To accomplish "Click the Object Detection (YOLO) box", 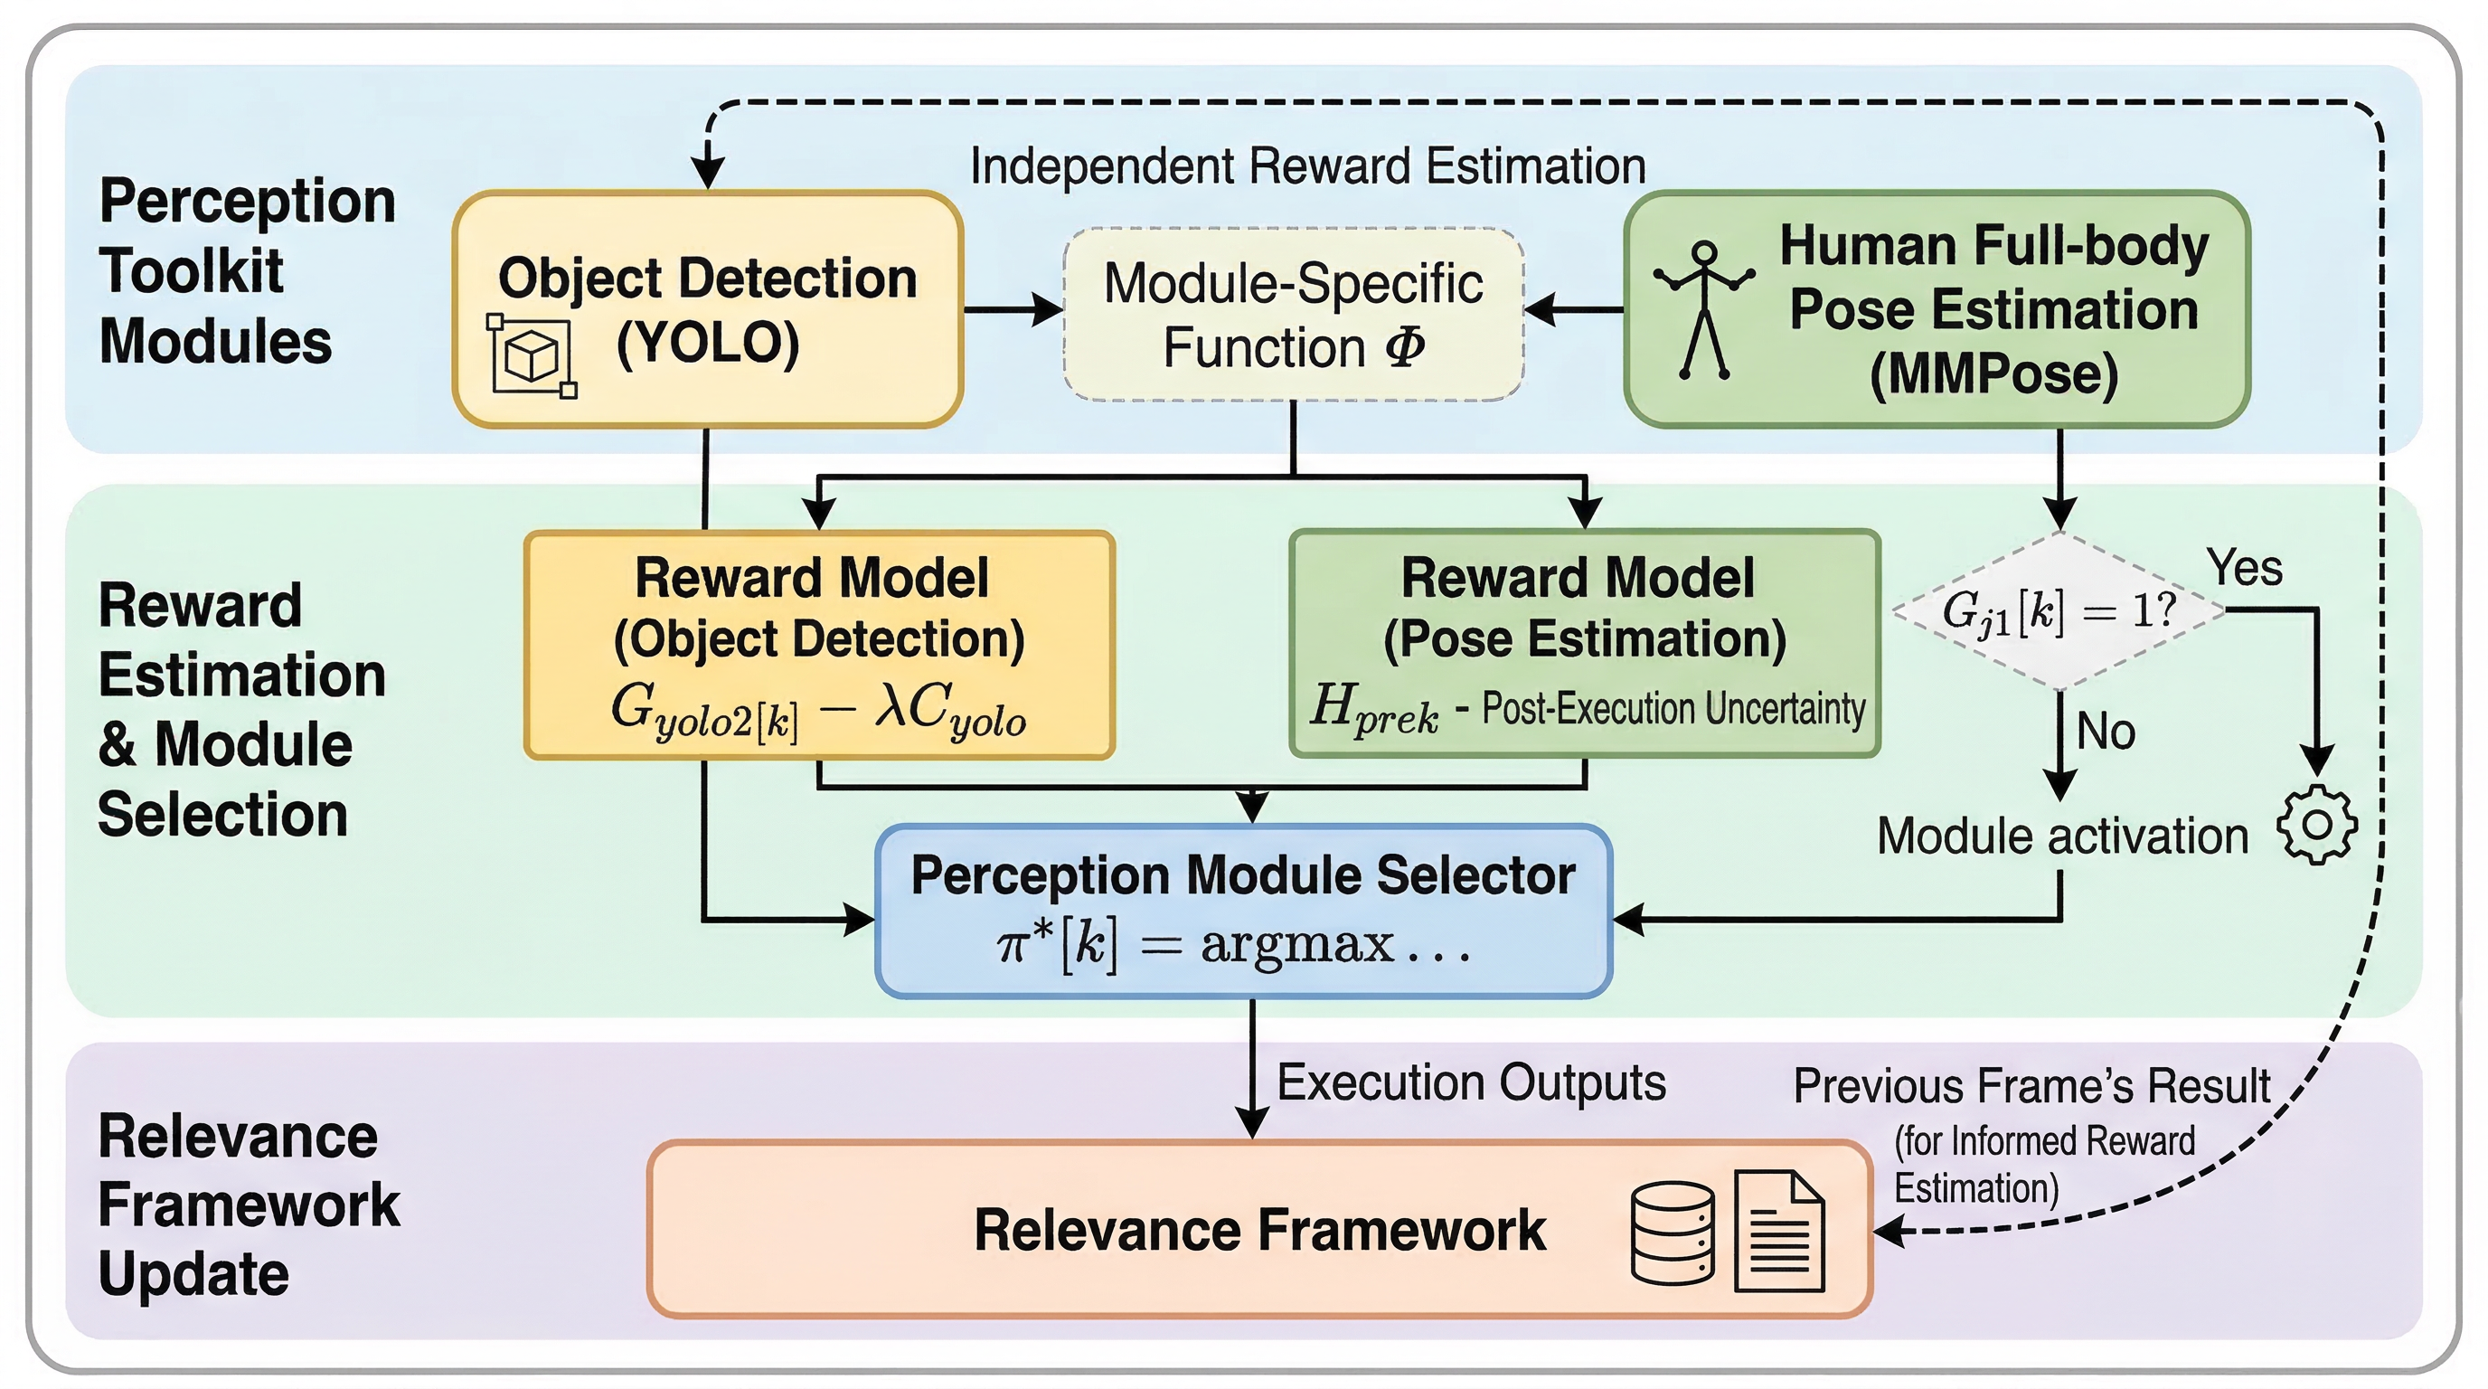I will [707, 309].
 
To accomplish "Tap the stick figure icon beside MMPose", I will [1704, 309].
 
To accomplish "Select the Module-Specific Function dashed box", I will [1293, 314].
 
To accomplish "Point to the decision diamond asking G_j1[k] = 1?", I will [2059, 610].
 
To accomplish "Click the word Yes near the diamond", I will [2244, 567].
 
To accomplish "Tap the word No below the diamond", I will [2106, 732].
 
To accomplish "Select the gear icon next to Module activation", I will [2316, 825].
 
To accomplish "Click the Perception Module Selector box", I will [1243, 910].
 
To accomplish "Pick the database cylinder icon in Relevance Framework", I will [1673, 1233].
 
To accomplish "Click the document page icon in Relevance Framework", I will [1779, 1232].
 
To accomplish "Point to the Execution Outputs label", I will [1471, 1082].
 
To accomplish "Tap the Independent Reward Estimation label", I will [1308, 166].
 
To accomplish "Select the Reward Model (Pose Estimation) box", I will [1584, 643].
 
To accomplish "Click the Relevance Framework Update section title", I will [250, 1205].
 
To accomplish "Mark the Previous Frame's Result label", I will [2031, 1086].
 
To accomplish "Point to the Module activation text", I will [2062, 836].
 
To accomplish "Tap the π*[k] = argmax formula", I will [1233, 945].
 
